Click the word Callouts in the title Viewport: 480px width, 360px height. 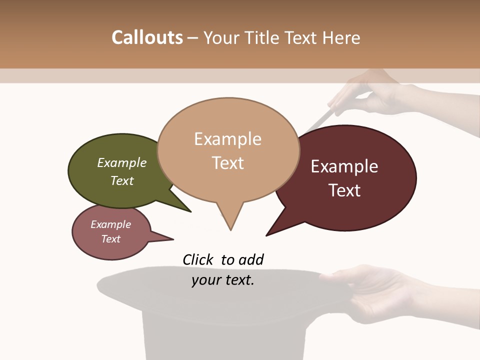pos(147,37)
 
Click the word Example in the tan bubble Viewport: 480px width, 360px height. pos(227,139)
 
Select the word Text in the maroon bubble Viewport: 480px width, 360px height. pos(344,190)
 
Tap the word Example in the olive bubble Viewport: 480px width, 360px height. pos(122,162)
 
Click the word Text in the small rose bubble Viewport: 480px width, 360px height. pos(111,239)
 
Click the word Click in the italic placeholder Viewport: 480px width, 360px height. pos(198,259)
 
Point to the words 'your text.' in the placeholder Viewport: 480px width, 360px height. pos(223,280)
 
